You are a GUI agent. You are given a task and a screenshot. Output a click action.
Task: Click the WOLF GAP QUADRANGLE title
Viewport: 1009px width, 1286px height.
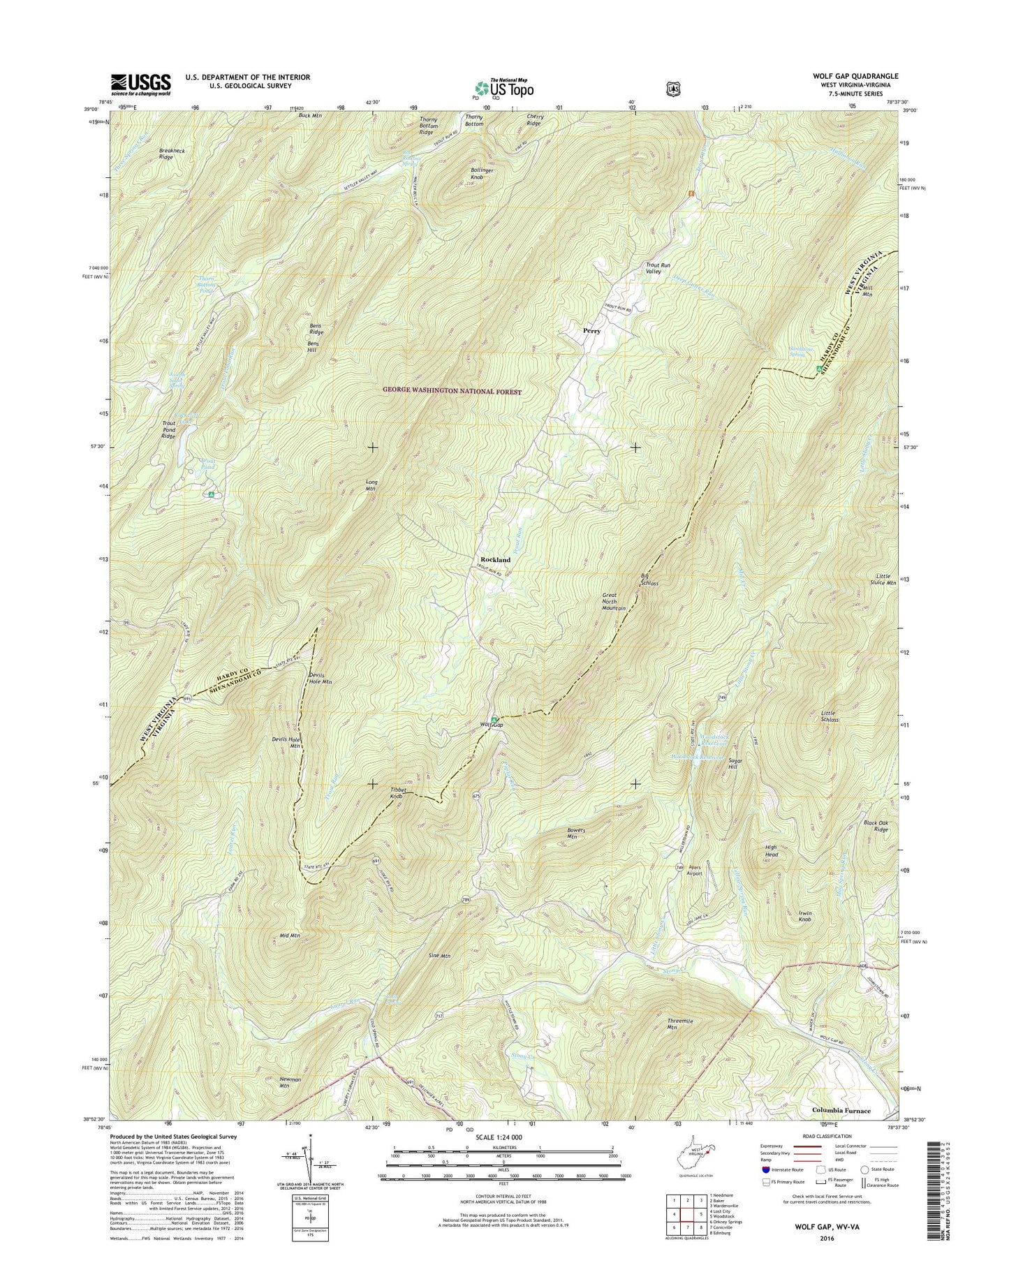[x=851, y=76]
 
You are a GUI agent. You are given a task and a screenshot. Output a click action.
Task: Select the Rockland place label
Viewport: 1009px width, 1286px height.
[x=495, y=560]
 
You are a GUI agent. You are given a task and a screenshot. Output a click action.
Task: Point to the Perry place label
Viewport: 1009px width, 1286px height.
[x=591, y=331]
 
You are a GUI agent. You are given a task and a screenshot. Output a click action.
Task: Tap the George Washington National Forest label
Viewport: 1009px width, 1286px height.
[x=451, y=392]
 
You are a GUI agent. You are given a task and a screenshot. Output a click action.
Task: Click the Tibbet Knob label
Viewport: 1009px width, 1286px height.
[x=396, y=793]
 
